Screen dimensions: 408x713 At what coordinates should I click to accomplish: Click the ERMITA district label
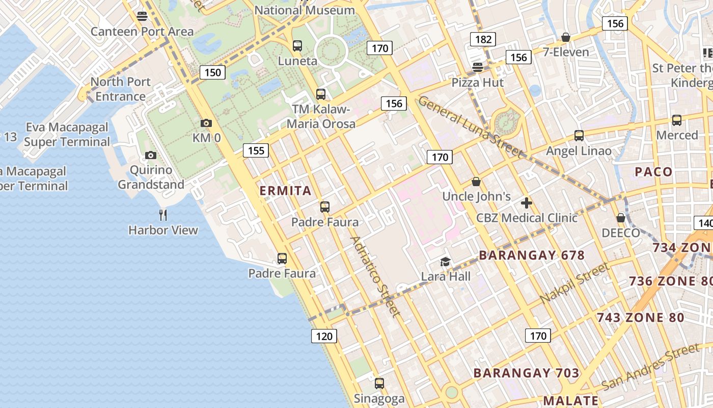(x=285, y=191)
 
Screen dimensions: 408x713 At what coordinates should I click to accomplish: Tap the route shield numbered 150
(x=212, y=72)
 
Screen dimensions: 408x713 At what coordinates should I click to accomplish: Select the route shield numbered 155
(x=256, y=150)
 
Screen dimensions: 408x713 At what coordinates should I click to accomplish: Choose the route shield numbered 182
(x=483, y=39)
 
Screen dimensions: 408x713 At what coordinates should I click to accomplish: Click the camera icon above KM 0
(x=206, y=123)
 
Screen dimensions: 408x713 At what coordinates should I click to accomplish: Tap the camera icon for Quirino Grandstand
(x=150, y=155)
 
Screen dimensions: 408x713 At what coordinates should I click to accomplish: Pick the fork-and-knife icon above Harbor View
(x=163, y=215)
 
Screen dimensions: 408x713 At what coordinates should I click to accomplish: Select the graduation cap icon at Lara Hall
(x=446, y=262)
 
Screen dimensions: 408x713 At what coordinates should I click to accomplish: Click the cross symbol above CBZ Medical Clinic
(x=527, y=203)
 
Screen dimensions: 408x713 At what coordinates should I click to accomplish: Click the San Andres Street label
(x=650, y=366)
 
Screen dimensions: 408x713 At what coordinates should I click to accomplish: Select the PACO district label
(x=653, y=172)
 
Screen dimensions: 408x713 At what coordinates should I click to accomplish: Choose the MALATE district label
(x=570, y=400)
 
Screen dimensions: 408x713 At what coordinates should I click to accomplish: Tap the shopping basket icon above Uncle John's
(x=476, y=181)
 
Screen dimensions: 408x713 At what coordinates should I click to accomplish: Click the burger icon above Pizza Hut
(x=478, y=67)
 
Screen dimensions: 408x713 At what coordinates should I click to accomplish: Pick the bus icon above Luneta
(x=297, y=46)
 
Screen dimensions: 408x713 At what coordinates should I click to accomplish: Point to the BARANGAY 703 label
(x=526, y=373)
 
